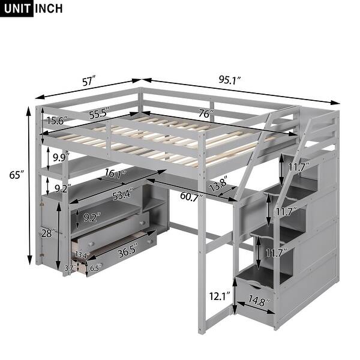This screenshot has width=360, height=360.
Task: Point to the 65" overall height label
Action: (17, 175)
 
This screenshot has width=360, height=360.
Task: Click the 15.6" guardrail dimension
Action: (57, 121)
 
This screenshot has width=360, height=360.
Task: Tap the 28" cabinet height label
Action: (47, 232)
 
